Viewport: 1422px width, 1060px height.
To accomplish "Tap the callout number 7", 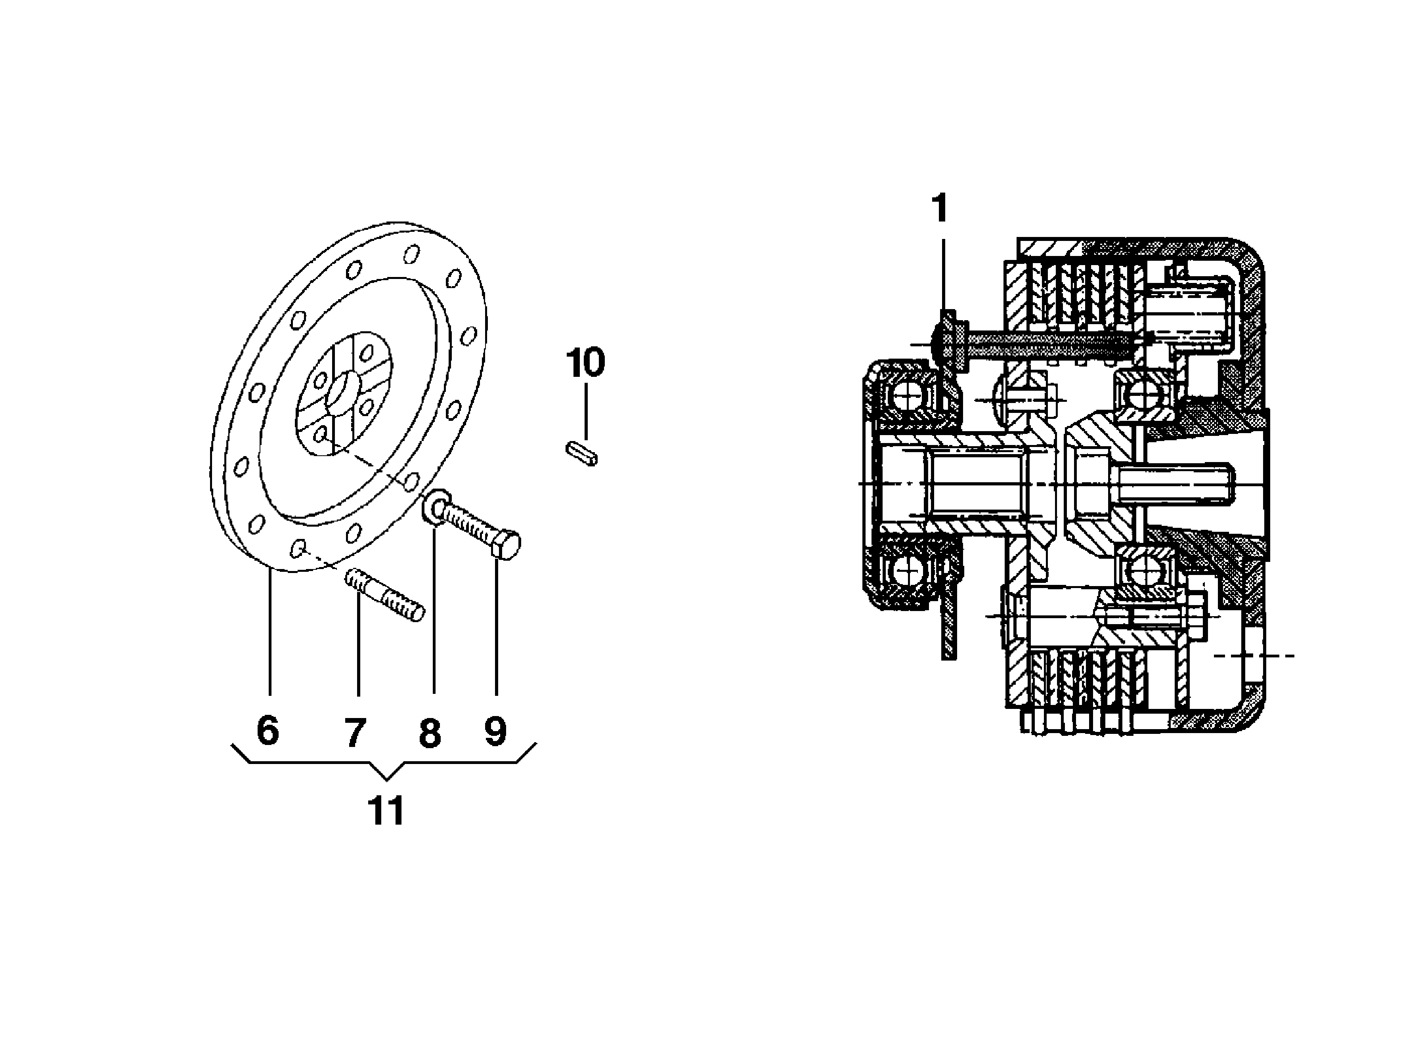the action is pyautogui.click(x=355, y=732).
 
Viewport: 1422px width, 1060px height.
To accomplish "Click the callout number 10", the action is pyautogui.click(x=585, y=363).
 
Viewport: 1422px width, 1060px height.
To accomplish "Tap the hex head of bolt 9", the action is pyautogui.click(x=506, y=545).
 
